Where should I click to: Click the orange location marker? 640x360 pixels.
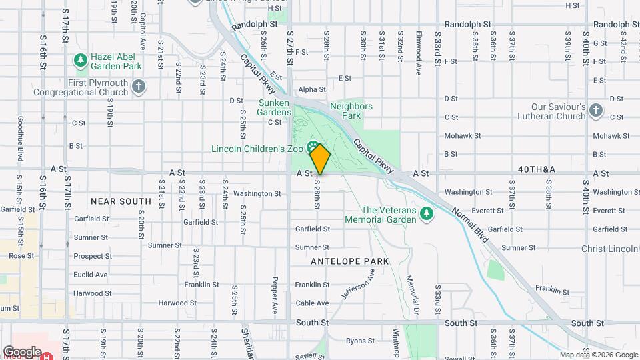(320, 160)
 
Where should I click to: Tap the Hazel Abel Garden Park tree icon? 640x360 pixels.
(81, 61)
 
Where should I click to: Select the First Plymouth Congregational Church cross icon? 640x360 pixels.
(139, 86)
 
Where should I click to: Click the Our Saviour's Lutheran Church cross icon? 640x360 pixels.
(595, 110)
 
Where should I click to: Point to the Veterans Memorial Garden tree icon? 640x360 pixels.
(428, 213)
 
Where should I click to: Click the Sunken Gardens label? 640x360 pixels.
(275, 107)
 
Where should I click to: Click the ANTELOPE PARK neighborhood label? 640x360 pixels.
(349, 261)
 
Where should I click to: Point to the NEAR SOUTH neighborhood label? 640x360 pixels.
(121, 201)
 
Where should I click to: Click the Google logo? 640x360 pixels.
(22, 351)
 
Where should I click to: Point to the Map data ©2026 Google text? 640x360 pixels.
(598, 355)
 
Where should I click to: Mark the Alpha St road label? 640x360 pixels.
(312, 89)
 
